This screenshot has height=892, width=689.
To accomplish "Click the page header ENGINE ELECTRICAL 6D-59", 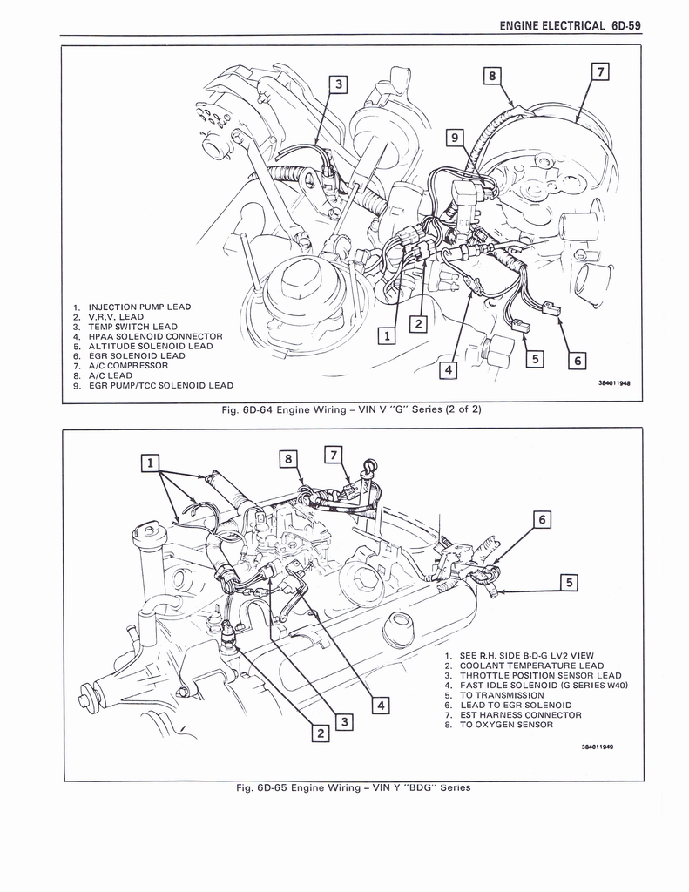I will [570, 25].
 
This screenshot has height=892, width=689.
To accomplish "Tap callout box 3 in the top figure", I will [338, 84].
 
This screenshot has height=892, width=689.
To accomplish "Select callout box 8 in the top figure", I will [492, 76].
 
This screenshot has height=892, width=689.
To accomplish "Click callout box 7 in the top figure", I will [598, 71].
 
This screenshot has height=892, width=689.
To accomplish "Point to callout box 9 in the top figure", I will [453, 137].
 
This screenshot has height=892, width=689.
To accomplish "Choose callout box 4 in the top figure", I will [448, 371].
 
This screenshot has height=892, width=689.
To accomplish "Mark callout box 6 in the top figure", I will [577, 360].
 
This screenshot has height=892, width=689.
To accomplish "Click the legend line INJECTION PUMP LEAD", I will [139, 307].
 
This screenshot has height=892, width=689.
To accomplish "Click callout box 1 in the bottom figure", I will [150, 463].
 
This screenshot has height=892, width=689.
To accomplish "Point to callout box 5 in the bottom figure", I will [569, 582].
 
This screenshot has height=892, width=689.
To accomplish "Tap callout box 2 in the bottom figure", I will [320, 733].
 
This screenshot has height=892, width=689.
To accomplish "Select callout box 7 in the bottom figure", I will [334, 454].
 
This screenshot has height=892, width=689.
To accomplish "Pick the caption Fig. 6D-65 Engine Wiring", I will [353, 787].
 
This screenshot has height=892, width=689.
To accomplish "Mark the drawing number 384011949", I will [598, 747].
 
